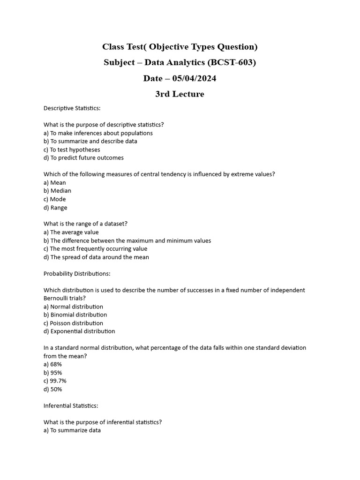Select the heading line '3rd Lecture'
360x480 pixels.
[180, 94]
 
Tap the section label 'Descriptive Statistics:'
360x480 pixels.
[72, 108]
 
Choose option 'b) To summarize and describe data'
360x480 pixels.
[90, 141]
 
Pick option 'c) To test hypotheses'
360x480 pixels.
[72, 150]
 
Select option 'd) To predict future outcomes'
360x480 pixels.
[83, 158]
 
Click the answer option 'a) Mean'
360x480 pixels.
[55, 183]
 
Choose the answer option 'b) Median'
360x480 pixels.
[58, 191]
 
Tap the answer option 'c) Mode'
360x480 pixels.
[55, 199]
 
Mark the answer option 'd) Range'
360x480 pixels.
[55, 208]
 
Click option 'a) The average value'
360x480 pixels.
[71, 232]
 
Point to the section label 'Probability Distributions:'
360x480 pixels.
[77, 274]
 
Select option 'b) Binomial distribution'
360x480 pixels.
[75, 315]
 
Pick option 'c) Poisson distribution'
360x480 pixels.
[74, 323]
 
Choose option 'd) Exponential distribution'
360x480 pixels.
[79, 331]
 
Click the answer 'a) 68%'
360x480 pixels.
[52, 364]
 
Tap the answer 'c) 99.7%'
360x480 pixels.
[55, 381]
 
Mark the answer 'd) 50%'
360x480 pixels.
[53, 390]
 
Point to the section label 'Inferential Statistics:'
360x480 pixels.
[71, 406]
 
